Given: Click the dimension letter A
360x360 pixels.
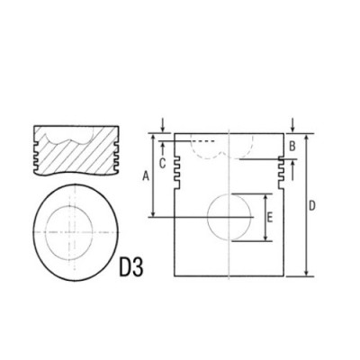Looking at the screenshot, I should pyautogui.click(x=146, y=177).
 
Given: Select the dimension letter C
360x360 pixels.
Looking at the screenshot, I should pyautogui.click(x=162, y=163).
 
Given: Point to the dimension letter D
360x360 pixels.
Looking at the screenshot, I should pyautogui.click(x=311, y=206).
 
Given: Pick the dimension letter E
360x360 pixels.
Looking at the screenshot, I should pyautogui.click(x=271, y=217).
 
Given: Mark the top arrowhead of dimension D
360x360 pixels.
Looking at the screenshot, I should pyautogui.click(x=306, y=138).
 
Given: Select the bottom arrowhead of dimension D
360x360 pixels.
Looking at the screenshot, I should pyautogui.click(x=306, y=274).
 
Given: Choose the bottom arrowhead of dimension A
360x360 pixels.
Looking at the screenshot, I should pyautogui.click(x=155, y=214).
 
